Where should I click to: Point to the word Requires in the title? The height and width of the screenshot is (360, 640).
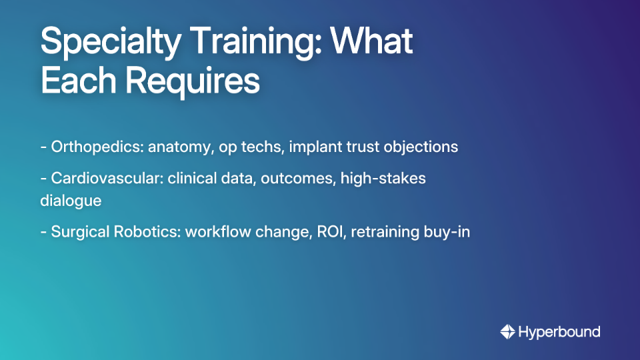[193, 82]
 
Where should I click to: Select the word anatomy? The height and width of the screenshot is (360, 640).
[178, 147]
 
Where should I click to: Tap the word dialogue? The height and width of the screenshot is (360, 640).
[70, 200]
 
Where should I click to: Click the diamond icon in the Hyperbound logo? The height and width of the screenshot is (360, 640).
[507, 331]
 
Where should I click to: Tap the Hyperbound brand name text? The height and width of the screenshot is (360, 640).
[559, 331]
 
